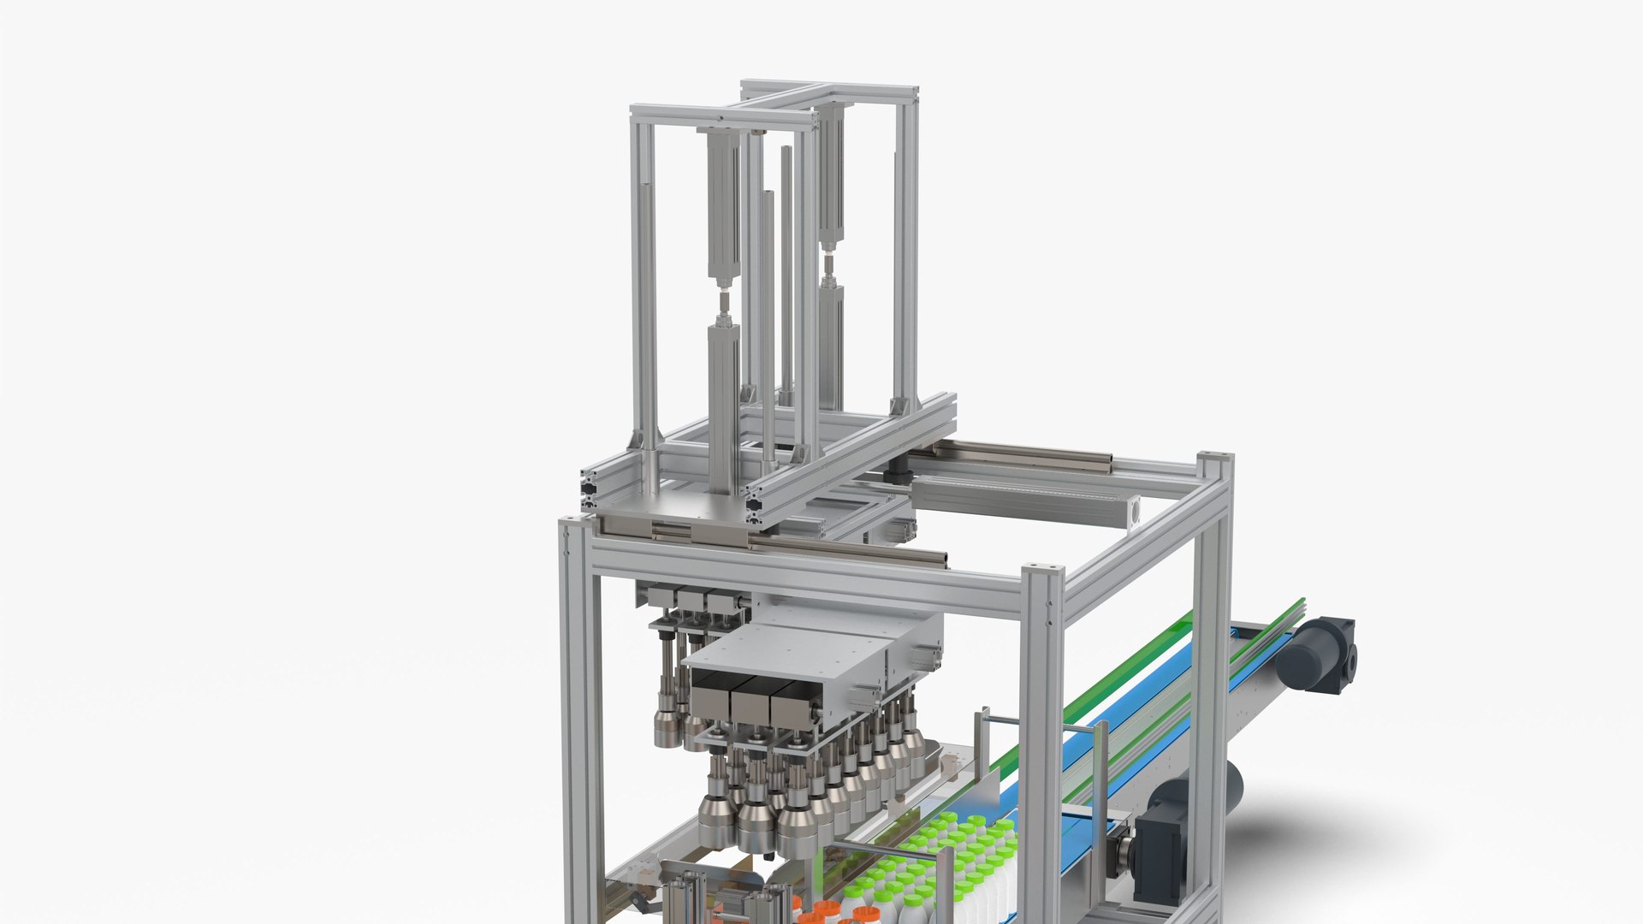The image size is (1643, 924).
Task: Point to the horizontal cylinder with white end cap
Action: (1027, 501)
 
